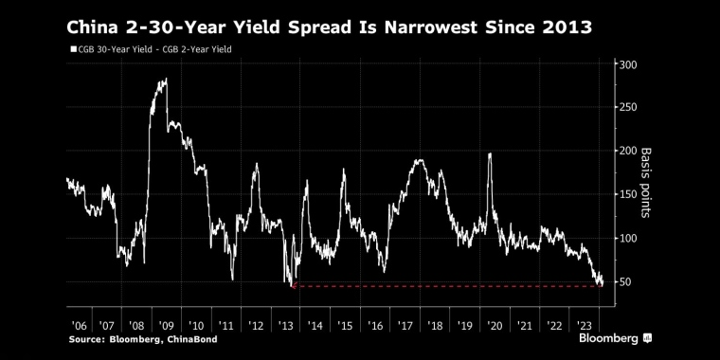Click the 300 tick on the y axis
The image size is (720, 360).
(x=628, y=64)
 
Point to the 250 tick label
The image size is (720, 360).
(x=628, y=108)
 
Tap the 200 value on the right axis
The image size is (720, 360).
(x=628, y=152)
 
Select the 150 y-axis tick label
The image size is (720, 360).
(x=628, y=195)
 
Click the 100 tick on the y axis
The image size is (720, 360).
(x=628, y=239)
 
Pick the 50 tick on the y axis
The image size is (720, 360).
(x=625, y=282)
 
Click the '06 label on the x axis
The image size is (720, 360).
(x=80, y=323)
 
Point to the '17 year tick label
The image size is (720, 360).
(x=405, y=323)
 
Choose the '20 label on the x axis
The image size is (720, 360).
(x=494, y=323)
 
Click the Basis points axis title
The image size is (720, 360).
(x=647, y=183)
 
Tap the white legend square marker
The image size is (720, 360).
(x=73, y=48)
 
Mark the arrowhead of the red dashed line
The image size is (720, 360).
(x=294, y=285)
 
